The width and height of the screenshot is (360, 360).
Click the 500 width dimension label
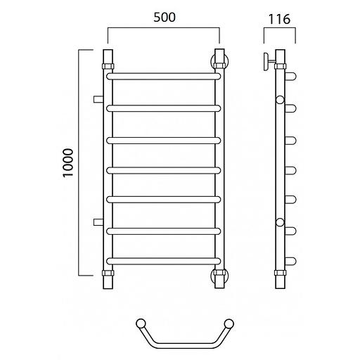(x=165, y=18)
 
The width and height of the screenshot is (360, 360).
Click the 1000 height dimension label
(x=68, y=163)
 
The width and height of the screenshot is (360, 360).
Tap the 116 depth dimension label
(x=279, y=19)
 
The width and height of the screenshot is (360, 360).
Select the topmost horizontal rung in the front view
(x=164, y=77)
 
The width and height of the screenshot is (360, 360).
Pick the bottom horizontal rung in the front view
(x=164, y=261)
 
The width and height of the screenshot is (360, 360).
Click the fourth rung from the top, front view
(x=164, y=170)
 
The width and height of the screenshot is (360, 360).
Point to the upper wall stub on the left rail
(x=98, y=99)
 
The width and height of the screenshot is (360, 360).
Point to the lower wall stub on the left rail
(x=98, y=221)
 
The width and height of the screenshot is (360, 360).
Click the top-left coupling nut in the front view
(x=108, y=66)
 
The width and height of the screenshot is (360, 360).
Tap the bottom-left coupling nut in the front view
(x=108, y=273)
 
